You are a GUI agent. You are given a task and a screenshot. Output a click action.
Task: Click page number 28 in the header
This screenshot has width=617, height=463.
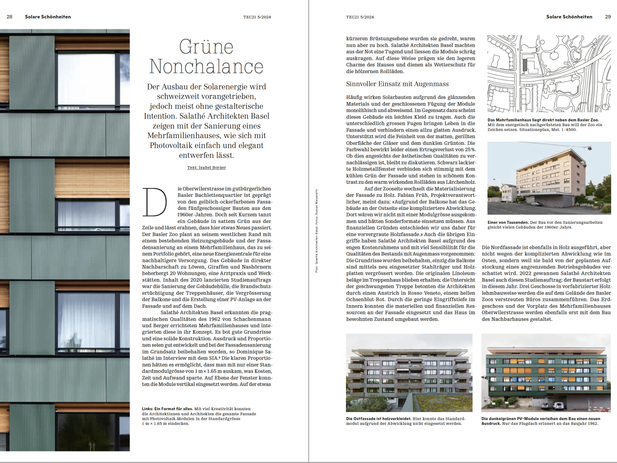click(10, 17)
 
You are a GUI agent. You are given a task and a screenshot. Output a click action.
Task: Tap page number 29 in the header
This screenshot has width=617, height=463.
click(608, 17)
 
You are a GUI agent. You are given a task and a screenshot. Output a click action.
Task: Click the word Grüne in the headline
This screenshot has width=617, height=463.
click(206, 47)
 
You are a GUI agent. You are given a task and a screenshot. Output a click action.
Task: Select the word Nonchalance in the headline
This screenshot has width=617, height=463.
click(206, 66)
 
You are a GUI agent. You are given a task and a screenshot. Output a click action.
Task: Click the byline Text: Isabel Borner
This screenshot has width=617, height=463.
click(206, 167)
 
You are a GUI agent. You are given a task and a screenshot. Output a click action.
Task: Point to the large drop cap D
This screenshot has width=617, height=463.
click(155, 202)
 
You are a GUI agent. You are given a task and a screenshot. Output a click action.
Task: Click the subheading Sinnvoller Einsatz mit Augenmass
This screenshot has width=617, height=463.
click(397, 84)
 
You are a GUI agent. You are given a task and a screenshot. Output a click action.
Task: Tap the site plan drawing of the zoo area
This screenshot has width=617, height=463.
click(549, 74)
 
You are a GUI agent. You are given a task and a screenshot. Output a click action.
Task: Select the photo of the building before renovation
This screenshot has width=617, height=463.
click(549, 178)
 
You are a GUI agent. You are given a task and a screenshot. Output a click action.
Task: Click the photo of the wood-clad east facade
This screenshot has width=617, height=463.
click(409, 373)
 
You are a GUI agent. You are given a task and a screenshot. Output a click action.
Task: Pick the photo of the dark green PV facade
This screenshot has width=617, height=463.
click(546, 373)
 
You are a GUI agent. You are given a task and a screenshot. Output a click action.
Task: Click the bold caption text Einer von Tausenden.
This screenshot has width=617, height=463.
click(508, 222)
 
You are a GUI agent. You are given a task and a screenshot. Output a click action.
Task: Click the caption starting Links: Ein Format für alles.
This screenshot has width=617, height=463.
click(167, 409)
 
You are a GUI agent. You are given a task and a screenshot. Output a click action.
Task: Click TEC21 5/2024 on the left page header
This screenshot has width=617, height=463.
click(257, 17)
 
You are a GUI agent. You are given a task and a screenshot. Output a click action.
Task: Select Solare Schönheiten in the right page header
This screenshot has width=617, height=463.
click(569, 17)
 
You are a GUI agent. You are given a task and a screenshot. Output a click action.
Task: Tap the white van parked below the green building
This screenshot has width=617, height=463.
click(558, 406)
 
